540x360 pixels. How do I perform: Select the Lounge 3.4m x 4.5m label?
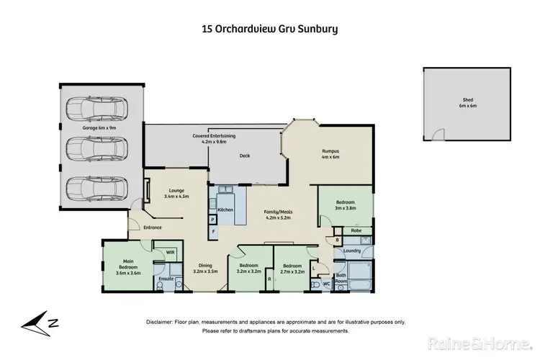coord(176,193)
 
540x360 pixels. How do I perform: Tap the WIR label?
coord(170,253)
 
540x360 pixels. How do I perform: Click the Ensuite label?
coord(166,277)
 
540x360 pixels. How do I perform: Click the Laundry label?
coord(351,251)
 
